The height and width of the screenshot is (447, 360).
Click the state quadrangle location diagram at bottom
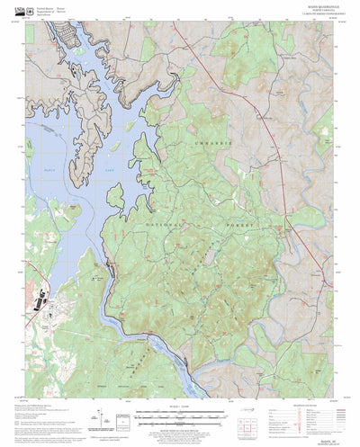(x=247, y=416)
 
